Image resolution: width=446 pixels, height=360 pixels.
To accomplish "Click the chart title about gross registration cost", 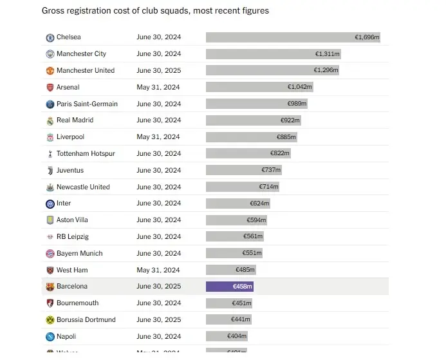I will click(155, 11).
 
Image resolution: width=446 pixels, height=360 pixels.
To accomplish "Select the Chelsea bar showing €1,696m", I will click(293, 37).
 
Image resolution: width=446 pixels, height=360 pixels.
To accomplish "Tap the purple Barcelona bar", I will click(230, 287).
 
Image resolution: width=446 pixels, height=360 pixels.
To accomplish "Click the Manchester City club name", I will click(81, 54).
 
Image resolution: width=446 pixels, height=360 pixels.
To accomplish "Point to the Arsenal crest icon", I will click(50, 88).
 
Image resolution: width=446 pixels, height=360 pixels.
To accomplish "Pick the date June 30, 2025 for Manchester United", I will click(158, 71).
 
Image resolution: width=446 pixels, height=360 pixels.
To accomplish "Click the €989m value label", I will click(297, 104).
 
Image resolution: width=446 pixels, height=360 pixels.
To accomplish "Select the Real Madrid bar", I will click(254, 120).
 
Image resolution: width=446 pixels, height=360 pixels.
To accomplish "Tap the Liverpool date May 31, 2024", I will click(158, 137).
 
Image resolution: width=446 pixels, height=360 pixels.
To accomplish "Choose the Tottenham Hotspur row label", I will click(86, 154).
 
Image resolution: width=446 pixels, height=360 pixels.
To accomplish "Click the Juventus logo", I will click(50, 171).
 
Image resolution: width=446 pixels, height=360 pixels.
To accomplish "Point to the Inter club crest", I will click(50, 204).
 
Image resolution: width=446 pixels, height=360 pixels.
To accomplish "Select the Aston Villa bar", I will click(236, 220).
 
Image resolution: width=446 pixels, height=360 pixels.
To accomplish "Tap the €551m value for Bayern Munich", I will click(252, 254).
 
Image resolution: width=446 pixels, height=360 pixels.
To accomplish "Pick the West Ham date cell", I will click(158, 270).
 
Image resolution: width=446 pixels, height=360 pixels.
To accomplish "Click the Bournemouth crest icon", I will click(50, 303).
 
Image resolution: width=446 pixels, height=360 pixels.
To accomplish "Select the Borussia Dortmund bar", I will click(228, 320).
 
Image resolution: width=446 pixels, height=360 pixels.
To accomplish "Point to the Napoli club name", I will click(67, 337).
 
